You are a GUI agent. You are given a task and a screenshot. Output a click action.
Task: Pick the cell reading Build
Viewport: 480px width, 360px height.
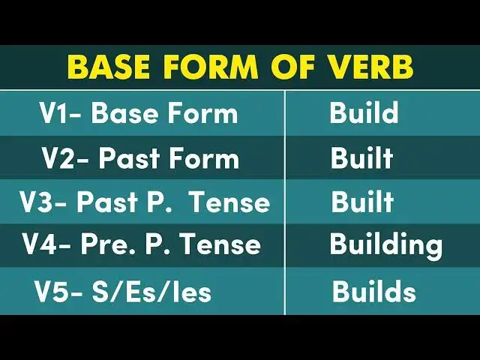pyautogui.click(x=363, y=114)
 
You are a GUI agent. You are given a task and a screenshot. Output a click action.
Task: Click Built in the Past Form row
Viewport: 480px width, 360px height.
pyautogui.click(x=361, y=158)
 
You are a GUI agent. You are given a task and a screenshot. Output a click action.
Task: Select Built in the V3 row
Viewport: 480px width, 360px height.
pyautogui.click(x=361, y=202)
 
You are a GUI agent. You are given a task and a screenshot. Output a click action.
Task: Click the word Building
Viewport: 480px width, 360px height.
pyautogui.click(x=385, y=245)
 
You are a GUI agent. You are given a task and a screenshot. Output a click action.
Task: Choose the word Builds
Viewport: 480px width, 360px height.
pyautogui.click(x=373, y=291)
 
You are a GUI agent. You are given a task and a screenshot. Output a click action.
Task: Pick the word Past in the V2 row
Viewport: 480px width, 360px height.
pyautogui.click(x=125, y=158)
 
